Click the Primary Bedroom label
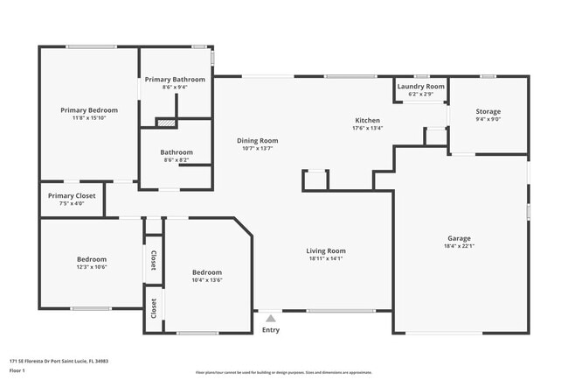[x=88, y=110]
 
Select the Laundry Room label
[x=420, y=87]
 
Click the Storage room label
[x=488, y=111]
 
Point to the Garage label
[x=459, y=238]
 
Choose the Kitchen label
[x=367, y=120]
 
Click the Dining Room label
[x=257, y=140]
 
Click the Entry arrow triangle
[x=271, y=319]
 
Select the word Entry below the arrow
[x=271, y=330]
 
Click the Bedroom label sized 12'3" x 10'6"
[x=91, y=259]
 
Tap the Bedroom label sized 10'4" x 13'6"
[x=206, y=272]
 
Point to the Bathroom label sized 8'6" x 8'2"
[x=176, y=151]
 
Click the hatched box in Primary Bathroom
[x=165, y=123]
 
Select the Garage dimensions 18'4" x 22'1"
[x=459, y=246]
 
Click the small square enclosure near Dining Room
[x=315, y=180]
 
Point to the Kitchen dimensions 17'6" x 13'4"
[x=367, y=128]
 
